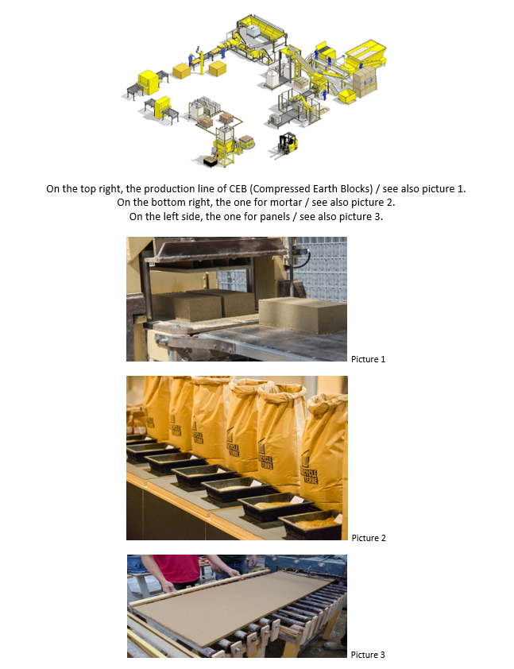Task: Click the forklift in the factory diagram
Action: coord(286,145)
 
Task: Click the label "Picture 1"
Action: coord(368,359)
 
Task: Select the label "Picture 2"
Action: coord(369,538)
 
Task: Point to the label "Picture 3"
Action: coord(368,655)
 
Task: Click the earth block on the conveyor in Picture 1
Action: coord(303,315)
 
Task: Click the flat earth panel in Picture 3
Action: coord(233,606)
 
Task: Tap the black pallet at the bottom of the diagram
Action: coord(211,160)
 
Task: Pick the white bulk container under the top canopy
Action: coord(253,31)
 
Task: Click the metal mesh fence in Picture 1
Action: coord(321,268)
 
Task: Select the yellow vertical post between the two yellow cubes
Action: coord(201,62)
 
